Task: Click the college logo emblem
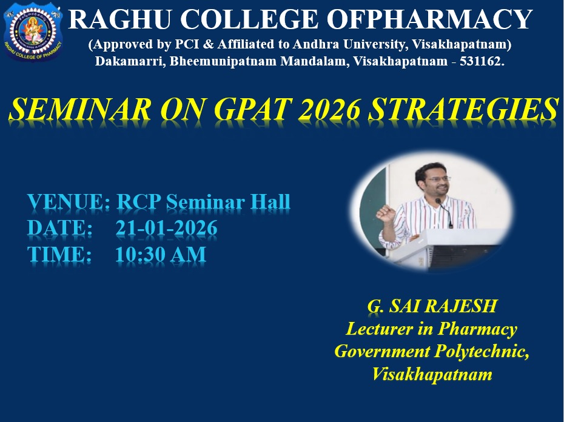pos(33,33)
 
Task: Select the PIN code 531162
pos(480,61)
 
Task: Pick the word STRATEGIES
pos(463,109)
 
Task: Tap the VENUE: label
pos(69,201)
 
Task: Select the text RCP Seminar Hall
pos(203,201)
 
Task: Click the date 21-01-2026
pos(166,228)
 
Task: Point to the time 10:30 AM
pos(161,254)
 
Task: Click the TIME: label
pos(59,254)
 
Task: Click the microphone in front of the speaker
pos(445,213)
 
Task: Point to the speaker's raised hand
pos(384,213)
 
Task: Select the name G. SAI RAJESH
pos(432,306)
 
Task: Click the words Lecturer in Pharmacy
pos(431,329)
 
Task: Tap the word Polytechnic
pos(482,352)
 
